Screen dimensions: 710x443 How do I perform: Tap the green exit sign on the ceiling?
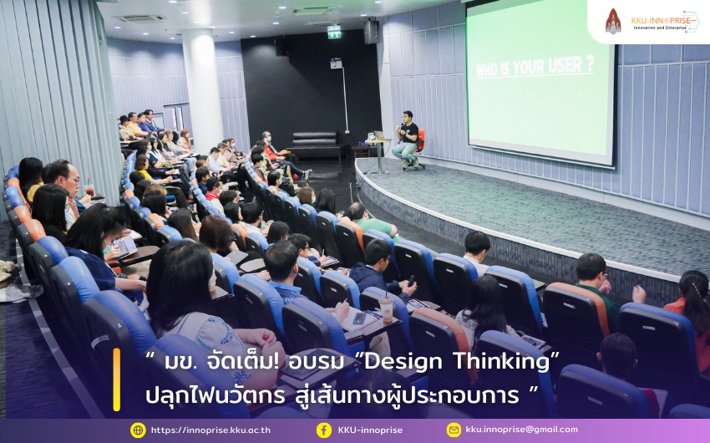[334, 34]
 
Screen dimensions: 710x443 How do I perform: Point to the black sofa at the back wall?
[315, 145]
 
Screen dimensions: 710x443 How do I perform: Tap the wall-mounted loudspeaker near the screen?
[372, 31]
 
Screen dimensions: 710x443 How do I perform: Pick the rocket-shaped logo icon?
[613, 21]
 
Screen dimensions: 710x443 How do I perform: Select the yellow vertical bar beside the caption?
[117, 379]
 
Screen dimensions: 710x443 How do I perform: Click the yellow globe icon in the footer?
[138, 430]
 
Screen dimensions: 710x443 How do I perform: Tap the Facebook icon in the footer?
[324, 430]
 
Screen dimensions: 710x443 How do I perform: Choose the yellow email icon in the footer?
[454, 430]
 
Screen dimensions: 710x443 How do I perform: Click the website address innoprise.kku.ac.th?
[210, 430]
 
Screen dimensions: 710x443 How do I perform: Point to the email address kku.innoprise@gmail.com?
[521, 430]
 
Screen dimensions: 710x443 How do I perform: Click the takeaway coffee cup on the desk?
[386, 308]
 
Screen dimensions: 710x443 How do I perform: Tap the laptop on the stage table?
[379, 135]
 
